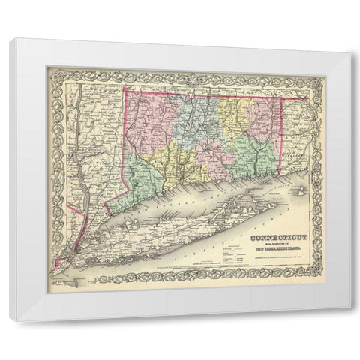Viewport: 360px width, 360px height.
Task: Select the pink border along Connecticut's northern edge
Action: coord(202,93)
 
